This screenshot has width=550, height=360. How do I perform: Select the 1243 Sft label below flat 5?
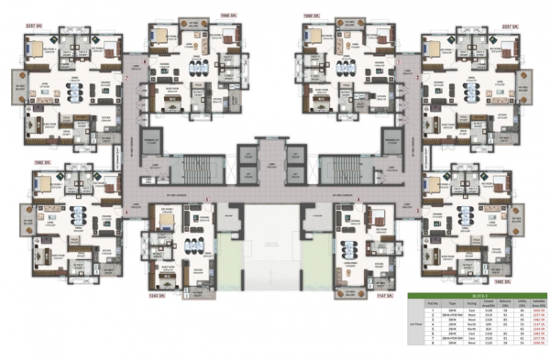coord(157,297)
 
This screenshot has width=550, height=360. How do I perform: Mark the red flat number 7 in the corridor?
coord(125,79)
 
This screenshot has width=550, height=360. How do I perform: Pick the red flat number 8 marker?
coord(144,61)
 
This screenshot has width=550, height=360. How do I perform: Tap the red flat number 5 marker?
coord(208,200)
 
